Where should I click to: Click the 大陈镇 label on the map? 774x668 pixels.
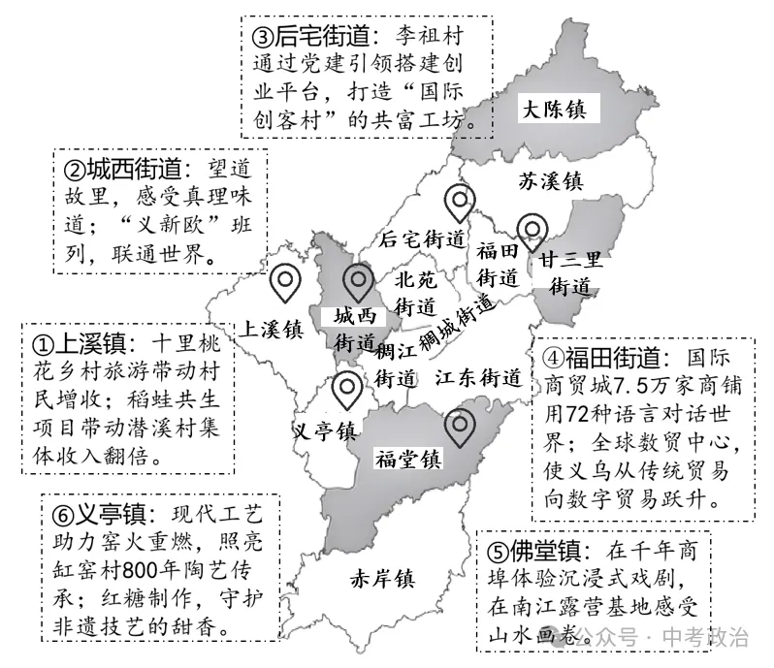coord(556,108)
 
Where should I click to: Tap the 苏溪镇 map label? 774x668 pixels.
coord(549,180)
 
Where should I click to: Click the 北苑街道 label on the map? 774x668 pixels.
coord(416,292)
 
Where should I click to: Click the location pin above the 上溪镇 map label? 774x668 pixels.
coord(285,283)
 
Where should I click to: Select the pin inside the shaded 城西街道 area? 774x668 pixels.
coord(356,283)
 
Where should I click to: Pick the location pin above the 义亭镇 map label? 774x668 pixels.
coord(345,390)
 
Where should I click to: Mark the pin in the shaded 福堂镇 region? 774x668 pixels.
coord(459,427)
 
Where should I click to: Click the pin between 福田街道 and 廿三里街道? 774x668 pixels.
coord(532,232)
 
